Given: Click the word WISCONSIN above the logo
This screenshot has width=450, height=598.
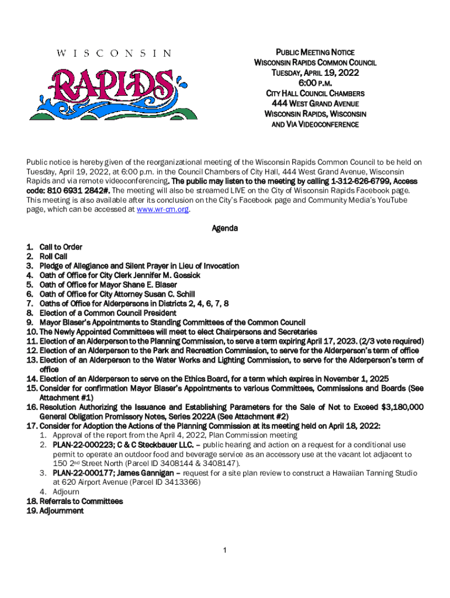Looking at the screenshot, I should (115, 53).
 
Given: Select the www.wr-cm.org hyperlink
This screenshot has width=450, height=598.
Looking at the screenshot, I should (162, 209).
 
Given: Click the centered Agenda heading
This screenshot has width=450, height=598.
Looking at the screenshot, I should (224, 228).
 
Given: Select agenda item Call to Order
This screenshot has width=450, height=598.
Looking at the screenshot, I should (61, 247).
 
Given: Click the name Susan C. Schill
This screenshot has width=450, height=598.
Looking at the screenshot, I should (170, 294).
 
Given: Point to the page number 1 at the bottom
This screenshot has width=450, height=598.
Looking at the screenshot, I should (225, 550).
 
